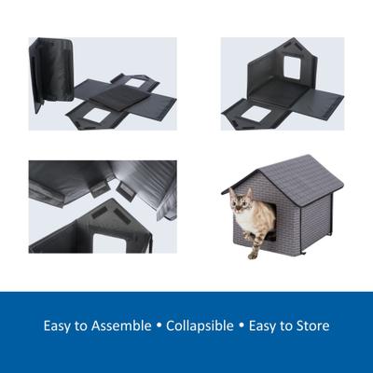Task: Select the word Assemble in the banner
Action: [117, 326]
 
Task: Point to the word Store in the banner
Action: [311, 326]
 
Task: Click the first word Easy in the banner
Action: [59, 326]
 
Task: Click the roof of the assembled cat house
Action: [280, 173]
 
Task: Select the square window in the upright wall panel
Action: [290, 65]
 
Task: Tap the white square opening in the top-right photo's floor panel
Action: [254, 113]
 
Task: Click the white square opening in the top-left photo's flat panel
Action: [97, 115]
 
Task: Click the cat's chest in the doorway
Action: [247, 224]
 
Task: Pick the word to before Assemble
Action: [83, 326]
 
